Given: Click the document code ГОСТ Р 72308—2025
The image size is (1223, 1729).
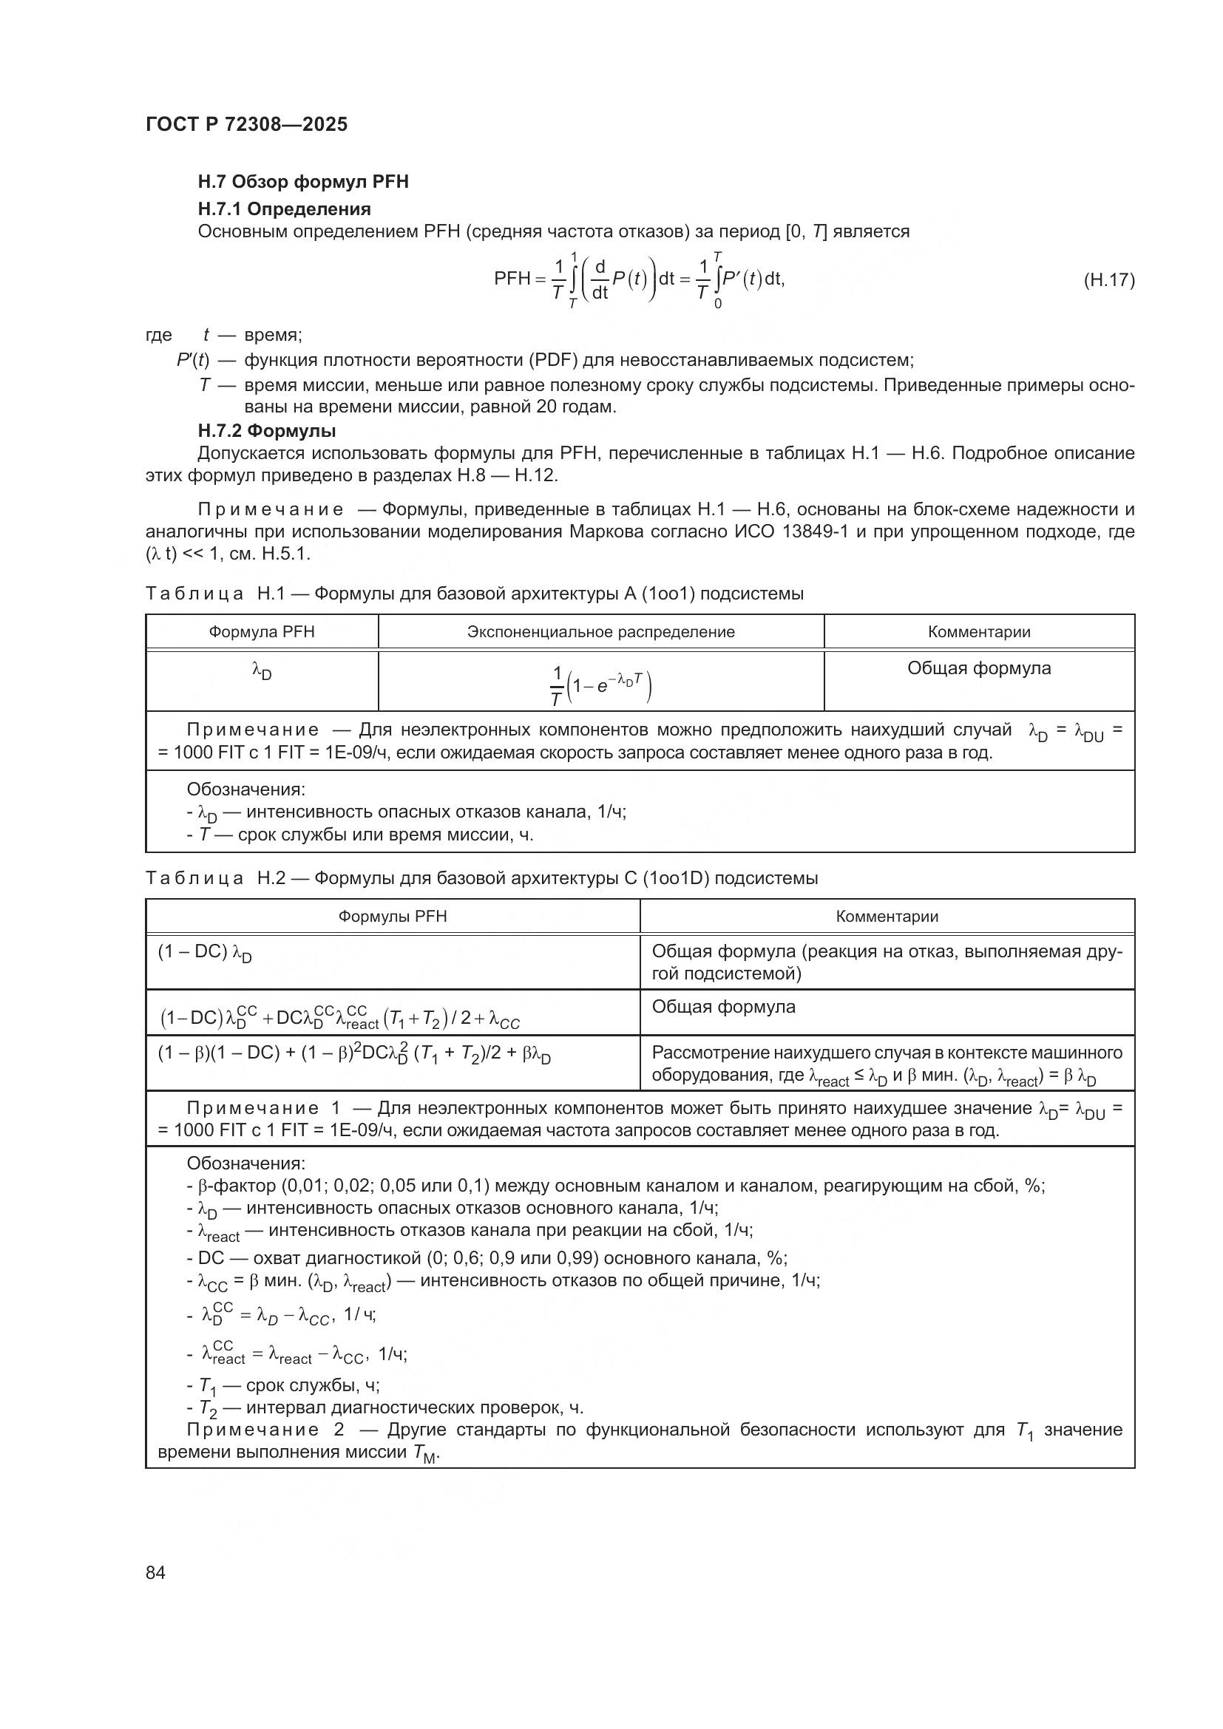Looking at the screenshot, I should [246, 124].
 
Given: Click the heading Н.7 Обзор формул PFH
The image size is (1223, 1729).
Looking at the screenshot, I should [302, 182].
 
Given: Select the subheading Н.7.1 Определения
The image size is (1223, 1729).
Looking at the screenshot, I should [284, 208].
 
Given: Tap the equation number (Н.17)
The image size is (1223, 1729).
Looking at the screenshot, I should [1108, 280].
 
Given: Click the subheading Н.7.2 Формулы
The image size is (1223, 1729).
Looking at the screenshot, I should [267, 431].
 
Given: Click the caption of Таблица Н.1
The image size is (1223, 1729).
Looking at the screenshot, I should [474, 594].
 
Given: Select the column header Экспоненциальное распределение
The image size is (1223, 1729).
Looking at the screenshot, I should [600, 632].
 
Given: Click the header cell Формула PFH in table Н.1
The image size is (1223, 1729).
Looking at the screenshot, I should [261, 632].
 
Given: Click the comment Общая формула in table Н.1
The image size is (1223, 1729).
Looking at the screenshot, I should [978, 668].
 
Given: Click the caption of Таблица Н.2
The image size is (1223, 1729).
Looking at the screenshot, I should [481, 878].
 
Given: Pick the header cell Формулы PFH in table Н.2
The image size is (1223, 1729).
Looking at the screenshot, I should [393, 917].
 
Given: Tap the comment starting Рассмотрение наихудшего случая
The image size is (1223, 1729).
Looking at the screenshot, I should [887, 1063].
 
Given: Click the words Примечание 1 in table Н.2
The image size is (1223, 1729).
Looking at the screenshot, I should [263, 1109].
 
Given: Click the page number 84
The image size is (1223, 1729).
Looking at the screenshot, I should [155, 1572].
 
